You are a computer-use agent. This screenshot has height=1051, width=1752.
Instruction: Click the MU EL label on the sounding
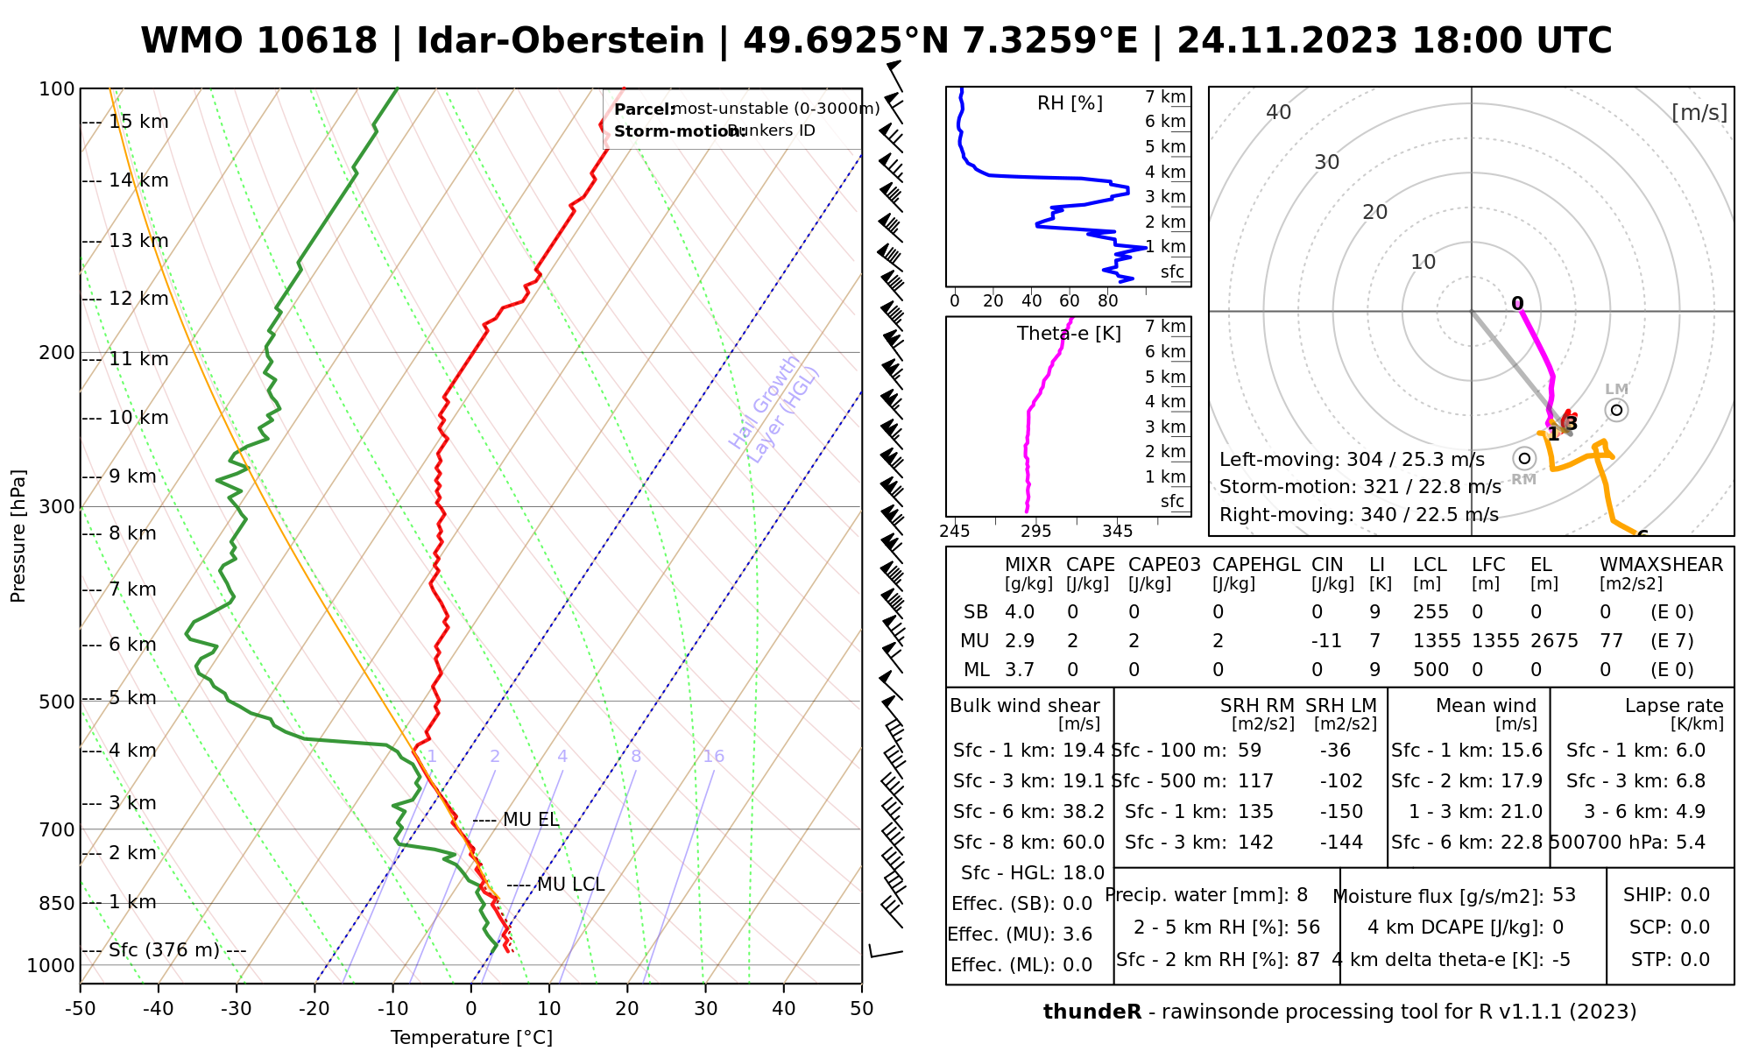coord(530,820)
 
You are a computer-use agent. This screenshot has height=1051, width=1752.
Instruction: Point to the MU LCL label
coord(570,885)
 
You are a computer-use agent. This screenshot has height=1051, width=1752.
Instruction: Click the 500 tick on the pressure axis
coord(58,702)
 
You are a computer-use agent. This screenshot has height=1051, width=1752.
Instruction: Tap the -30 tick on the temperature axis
coord(237,1009)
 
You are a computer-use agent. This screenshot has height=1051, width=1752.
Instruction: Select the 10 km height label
coord(138,418)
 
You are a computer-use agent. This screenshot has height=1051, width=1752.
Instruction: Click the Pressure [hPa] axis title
coord(18,536)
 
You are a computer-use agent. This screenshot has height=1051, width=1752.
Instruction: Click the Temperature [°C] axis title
coord(471,1038)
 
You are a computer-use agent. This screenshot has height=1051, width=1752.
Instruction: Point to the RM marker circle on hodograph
coord(1524,458)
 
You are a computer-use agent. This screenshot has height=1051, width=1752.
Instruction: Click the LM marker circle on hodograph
coord(1616,410)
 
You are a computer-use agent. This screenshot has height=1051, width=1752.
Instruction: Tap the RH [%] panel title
coord(1070,103)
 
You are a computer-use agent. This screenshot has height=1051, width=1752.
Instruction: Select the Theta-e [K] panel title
coord(1069,334)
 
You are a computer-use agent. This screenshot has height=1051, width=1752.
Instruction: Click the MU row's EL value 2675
coord(1554,641)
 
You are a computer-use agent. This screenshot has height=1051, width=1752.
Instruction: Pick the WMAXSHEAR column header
coord(1661,565)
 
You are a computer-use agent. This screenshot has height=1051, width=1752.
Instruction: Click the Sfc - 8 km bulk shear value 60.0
coord(1084,843)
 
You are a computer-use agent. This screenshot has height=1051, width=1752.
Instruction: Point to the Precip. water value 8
coord(1302,895)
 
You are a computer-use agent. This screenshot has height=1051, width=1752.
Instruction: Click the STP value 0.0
coord(1695,960)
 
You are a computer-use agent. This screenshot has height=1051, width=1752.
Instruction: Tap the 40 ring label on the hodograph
coord(1279,112)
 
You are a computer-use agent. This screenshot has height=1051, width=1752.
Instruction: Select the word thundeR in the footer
coord(1091,1012)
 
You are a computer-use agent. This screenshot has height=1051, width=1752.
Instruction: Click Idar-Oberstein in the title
coord(561,40)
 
